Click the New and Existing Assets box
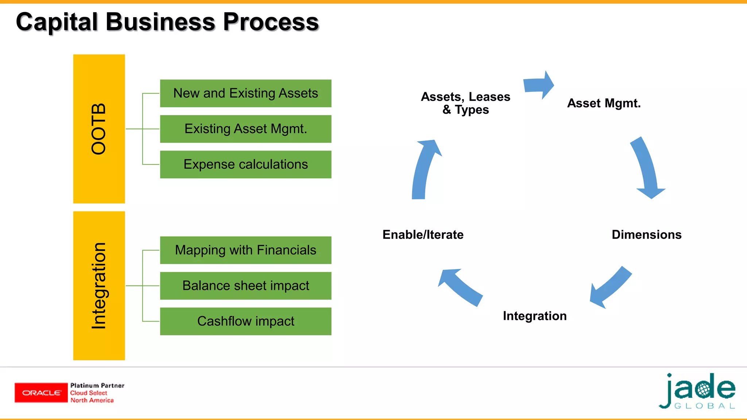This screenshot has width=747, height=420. (245, 93)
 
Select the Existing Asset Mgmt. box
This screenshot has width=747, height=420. (245, 129)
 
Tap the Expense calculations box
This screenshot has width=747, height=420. (245, 164)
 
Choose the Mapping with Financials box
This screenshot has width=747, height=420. (245, 250)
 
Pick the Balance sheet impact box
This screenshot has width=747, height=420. (245, 285)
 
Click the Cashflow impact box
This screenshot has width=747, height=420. (245, 321)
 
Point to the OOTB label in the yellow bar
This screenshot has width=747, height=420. (99, 129)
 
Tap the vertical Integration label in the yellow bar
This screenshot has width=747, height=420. (99, 285)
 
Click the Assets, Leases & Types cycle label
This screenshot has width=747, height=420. (465, 103)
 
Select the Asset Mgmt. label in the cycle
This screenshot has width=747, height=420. (604, 103)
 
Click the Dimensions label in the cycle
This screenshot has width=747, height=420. (646, 234)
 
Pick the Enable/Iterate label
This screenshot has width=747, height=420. (423, 234)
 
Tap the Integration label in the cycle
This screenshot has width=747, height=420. (534, 316)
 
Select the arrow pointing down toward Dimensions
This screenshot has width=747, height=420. (647, 168)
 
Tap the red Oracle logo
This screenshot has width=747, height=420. (41, 393)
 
